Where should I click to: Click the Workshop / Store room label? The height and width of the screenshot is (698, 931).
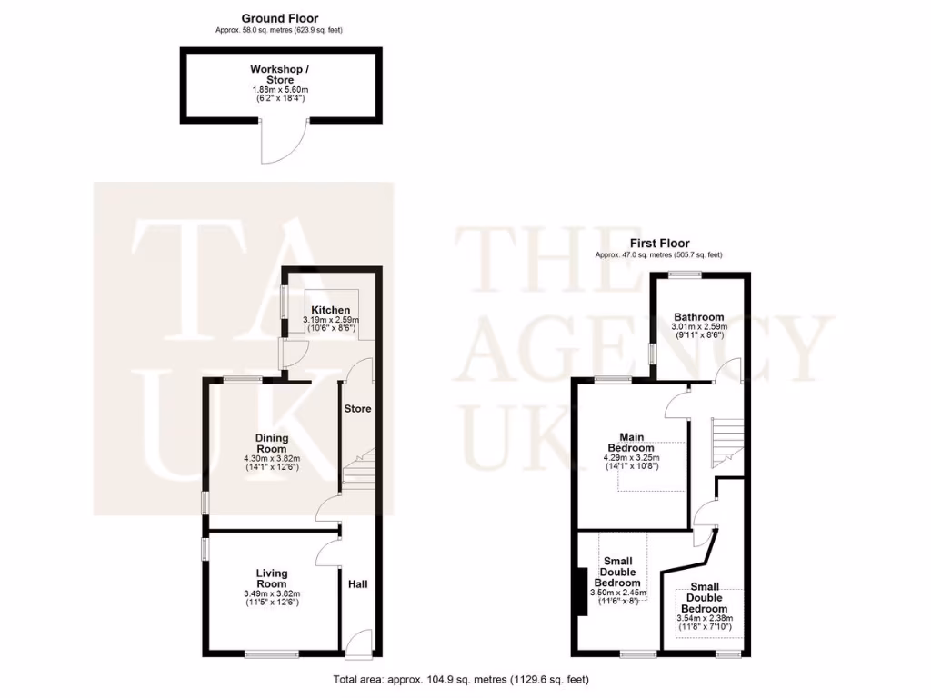click(x=280, y=75)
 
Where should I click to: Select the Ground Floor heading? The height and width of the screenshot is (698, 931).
click(x=279, y=18)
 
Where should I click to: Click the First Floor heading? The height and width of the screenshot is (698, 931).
click(x=659, y=243)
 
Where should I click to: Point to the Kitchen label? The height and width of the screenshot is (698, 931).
click(x=331, y=310)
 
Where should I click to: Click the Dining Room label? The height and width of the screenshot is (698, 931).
click(x=271, y=443)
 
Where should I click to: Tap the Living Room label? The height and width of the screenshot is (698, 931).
click(x=271, y=579)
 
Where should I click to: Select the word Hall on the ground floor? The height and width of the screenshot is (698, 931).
click(x=358, y=584)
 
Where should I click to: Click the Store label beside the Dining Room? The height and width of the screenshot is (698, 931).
click(x=357, y=408)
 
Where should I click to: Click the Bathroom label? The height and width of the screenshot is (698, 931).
click(x=698, y=316)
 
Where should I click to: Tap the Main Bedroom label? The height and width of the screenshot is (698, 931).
click(x=631, y=442)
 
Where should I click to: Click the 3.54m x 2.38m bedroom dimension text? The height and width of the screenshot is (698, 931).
click(x=705, y=619)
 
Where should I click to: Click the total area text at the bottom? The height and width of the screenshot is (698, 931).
click(x=466, y=679)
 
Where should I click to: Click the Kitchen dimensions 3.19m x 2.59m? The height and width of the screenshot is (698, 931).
click(x=331, y=320)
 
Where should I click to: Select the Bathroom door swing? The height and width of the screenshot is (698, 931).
click(x=728, y=371)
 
